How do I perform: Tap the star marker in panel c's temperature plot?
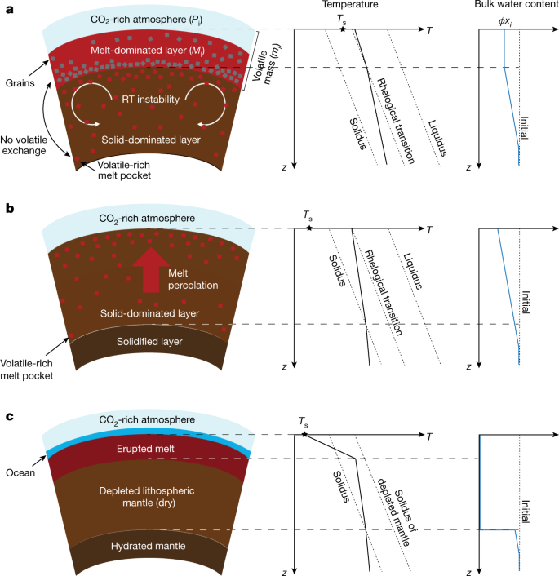click(304, 436)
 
